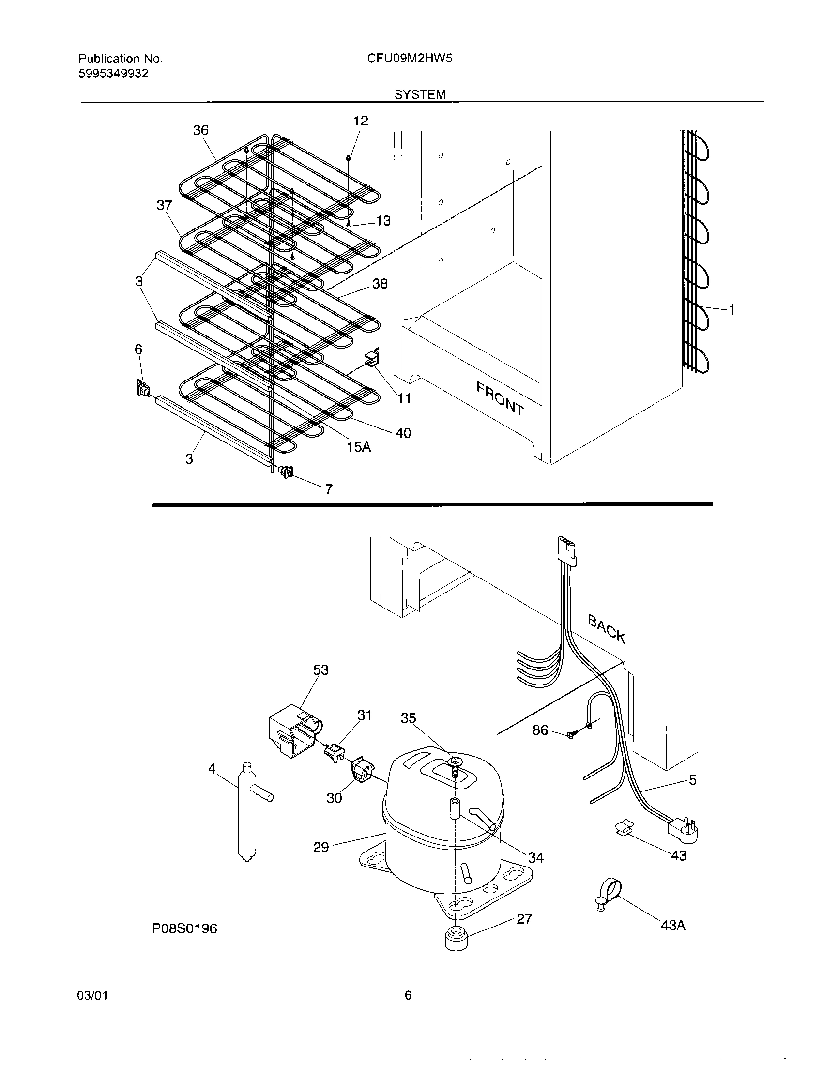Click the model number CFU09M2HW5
410,59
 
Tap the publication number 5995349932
113,74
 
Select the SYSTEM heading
420,94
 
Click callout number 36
200,130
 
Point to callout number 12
361,121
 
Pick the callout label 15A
359,447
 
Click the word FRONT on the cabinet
500,398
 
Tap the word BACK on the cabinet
607,628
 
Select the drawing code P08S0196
185,928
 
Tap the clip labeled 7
286,471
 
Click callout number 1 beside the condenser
732,309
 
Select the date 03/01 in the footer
92,1009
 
